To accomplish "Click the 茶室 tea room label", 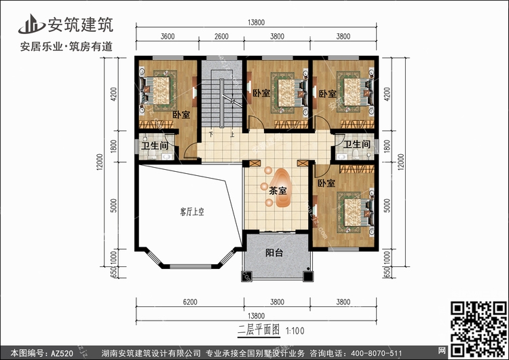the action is [278, 191].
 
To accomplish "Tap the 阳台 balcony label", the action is [274, 253].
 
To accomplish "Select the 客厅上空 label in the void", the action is [192, 212].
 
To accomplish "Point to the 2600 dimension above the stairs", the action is [221, 36].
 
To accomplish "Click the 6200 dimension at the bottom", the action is [190, 302].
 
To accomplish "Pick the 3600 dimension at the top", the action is [168, 36].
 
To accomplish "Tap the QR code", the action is [479, 329].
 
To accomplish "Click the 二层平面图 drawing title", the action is [259, 330].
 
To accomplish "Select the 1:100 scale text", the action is [295, 331].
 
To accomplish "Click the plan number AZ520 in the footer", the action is [62, 353].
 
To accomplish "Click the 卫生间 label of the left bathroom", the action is [155, 145].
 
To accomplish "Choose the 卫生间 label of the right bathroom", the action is [357, 144].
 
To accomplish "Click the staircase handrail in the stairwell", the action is [221, 104].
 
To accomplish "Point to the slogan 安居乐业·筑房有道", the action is [67, 47].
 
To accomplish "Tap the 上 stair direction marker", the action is [232, 134].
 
